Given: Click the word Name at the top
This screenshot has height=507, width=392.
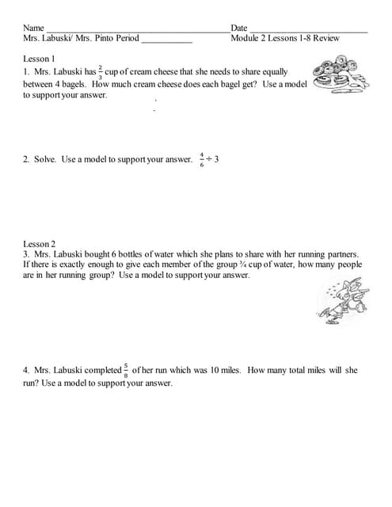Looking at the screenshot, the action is click(x=33, y=28).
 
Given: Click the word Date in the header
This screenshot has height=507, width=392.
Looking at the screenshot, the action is click(x=239, y=28).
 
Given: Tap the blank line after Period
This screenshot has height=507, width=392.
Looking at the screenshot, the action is click(x=166, y=39).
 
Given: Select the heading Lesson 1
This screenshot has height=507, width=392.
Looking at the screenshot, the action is click(x=39, y=59).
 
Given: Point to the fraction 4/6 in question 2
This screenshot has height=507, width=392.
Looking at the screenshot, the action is click(x=202, y=159).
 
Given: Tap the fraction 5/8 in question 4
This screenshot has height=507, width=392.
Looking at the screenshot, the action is click(x=127, y=370).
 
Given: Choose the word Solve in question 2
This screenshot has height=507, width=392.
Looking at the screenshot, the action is click(x=44, y=160).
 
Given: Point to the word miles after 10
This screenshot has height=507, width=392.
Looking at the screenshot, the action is click(x=230, y=370).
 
